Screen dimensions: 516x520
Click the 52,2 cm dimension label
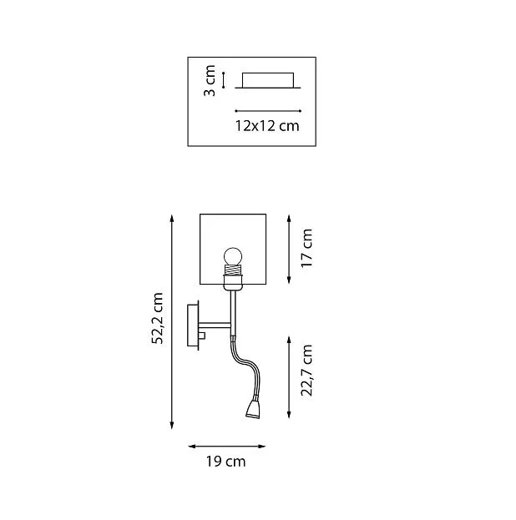[x=158, y=318]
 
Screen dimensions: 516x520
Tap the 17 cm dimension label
[x=306, y=248]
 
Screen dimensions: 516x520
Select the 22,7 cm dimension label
[x=306, y=371]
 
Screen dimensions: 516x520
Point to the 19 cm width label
[x=226, y=462]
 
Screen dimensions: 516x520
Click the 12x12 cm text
[x=267, y=126]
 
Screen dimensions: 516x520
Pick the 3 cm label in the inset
[x=210, y=81]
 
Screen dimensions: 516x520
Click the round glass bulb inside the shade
[x=233, y=256]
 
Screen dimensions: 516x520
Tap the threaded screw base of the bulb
[x=233, y=269]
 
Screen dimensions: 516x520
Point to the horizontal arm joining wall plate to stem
[x=215, y=326]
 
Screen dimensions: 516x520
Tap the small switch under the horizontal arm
[x=202, y=336]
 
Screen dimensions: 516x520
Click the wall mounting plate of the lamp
[x=193, y=325]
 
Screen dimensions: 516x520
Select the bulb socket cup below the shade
[x=233, y=282]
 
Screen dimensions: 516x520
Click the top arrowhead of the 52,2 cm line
[x=171, y=218]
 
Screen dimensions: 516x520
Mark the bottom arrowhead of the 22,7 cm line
[x=289, y=414]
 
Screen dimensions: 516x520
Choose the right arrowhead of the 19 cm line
[x=262, y=447]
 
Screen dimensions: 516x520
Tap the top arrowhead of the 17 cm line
[x=289, y=219]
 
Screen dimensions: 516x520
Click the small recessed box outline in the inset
[x=268, y=80]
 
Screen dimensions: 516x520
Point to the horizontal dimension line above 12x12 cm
[x=268, y=111]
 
